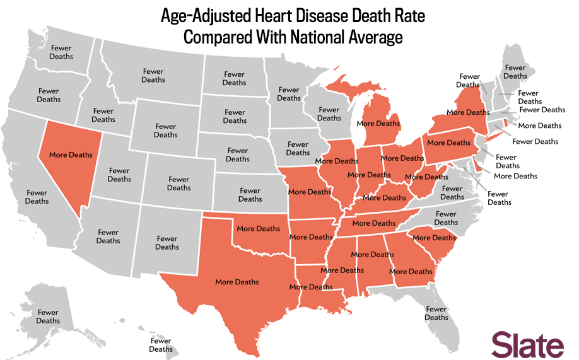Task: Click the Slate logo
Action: point(527,345)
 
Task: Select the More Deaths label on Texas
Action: point(237,282)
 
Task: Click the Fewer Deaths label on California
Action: point(37,197)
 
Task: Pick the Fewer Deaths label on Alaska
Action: point(48,316)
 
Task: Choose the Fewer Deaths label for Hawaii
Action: point(161,345)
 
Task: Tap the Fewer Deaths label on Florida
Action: point(436,313)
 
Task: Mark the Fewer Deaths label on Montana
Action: point(153,76)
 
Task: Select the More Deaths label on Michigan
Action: point(378,124)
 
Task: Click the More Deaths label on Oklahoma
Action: point(258,228)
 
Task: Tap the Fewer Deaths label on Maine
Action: point(515,72)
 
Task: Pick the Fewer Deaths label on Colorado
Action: point(178,183)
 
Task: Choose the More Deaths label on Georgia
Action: point(411,272)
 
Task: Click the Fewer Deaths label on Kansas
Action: point(250,195)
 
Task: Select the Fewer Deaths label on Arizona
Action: point(108,236)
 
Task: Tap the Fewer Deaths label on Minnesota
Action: point(288,94)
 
